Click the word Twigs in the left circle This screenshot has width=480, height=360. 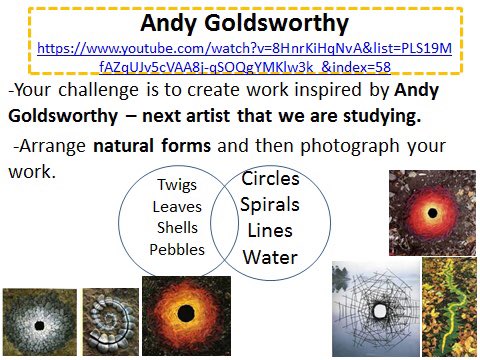[x=177, y=186]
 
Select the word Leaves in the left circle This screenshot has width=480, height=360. [x=177, y=207]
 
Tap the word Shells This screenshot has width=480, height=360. [x=177, y=228]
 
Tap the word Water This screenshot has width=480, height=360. [x=270, y=257]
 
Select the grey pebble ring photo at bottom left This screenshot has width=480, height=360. [x=40, y=322]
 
